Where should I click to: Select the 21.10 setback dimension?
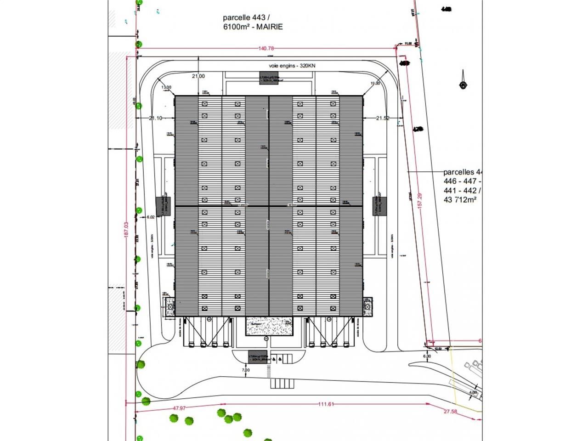click(155, 118)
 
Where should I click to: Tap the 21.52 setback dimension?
click(383, 118)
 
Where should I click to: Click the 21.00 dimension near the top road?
click(198, 76)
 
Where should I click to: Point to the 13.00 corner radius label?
click(166, 87)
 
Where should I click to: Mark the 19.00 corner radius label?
click(375, 83)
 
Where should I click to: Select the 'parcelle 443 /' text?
click(243, 18)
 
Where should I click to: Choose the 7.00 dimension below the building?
click(245, 370)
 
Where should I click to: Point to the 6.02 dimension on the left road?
click(151, 218)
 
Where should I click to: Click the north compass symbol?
click(463, 85)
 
